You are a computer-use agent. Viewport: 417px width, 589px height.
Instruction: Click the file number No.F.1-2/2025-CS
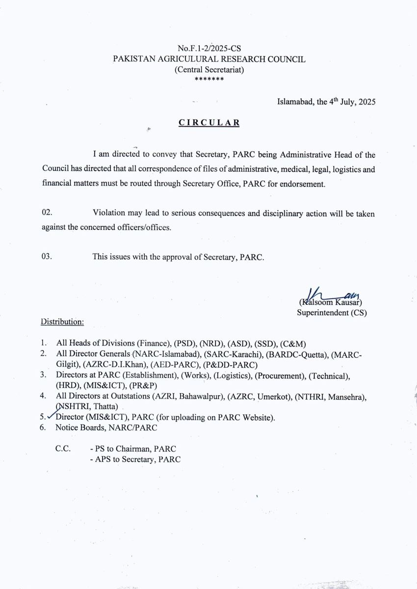pos(209,49)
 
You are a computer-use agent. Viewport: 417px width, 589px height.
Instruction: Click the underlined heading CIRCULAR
pos(209,123)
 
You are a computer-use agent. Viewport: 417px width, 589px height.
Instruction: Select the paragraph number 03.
pos(47,257)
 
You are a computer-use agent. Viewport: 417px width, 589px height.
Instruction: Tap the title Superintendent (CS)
pos(332,312)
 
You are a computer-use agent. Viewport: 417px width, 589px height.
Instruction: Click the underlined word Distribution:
pos(62,322)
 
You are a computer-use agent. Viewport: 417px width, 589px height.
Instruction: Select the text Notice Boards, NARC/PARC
pos(106,428)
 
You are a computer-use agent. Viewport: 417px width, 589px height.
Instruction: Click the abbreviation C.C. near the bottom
pos(63,449)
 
